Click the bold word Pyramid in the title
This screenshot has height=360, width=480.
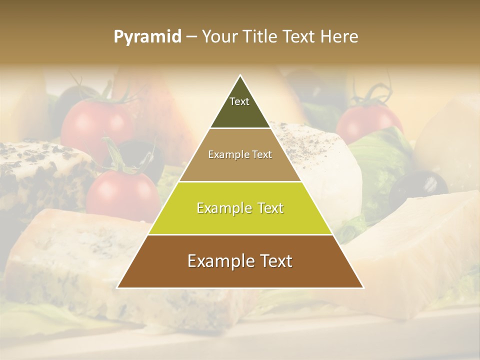pyautogui.click(x=147, y=37)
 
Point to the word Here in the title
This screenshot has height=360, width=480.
pyautogui.click(x=339, y=37)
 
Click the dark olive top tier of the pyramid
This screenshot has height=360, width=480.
pyautogui.click(x=240, y=107)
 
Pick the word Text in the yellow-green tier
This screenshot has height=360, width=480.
pyautogui.click(x=267, y=208)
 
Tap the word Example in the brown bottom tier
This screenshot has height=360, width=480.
pyautogui.click(x=218, y=261)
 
